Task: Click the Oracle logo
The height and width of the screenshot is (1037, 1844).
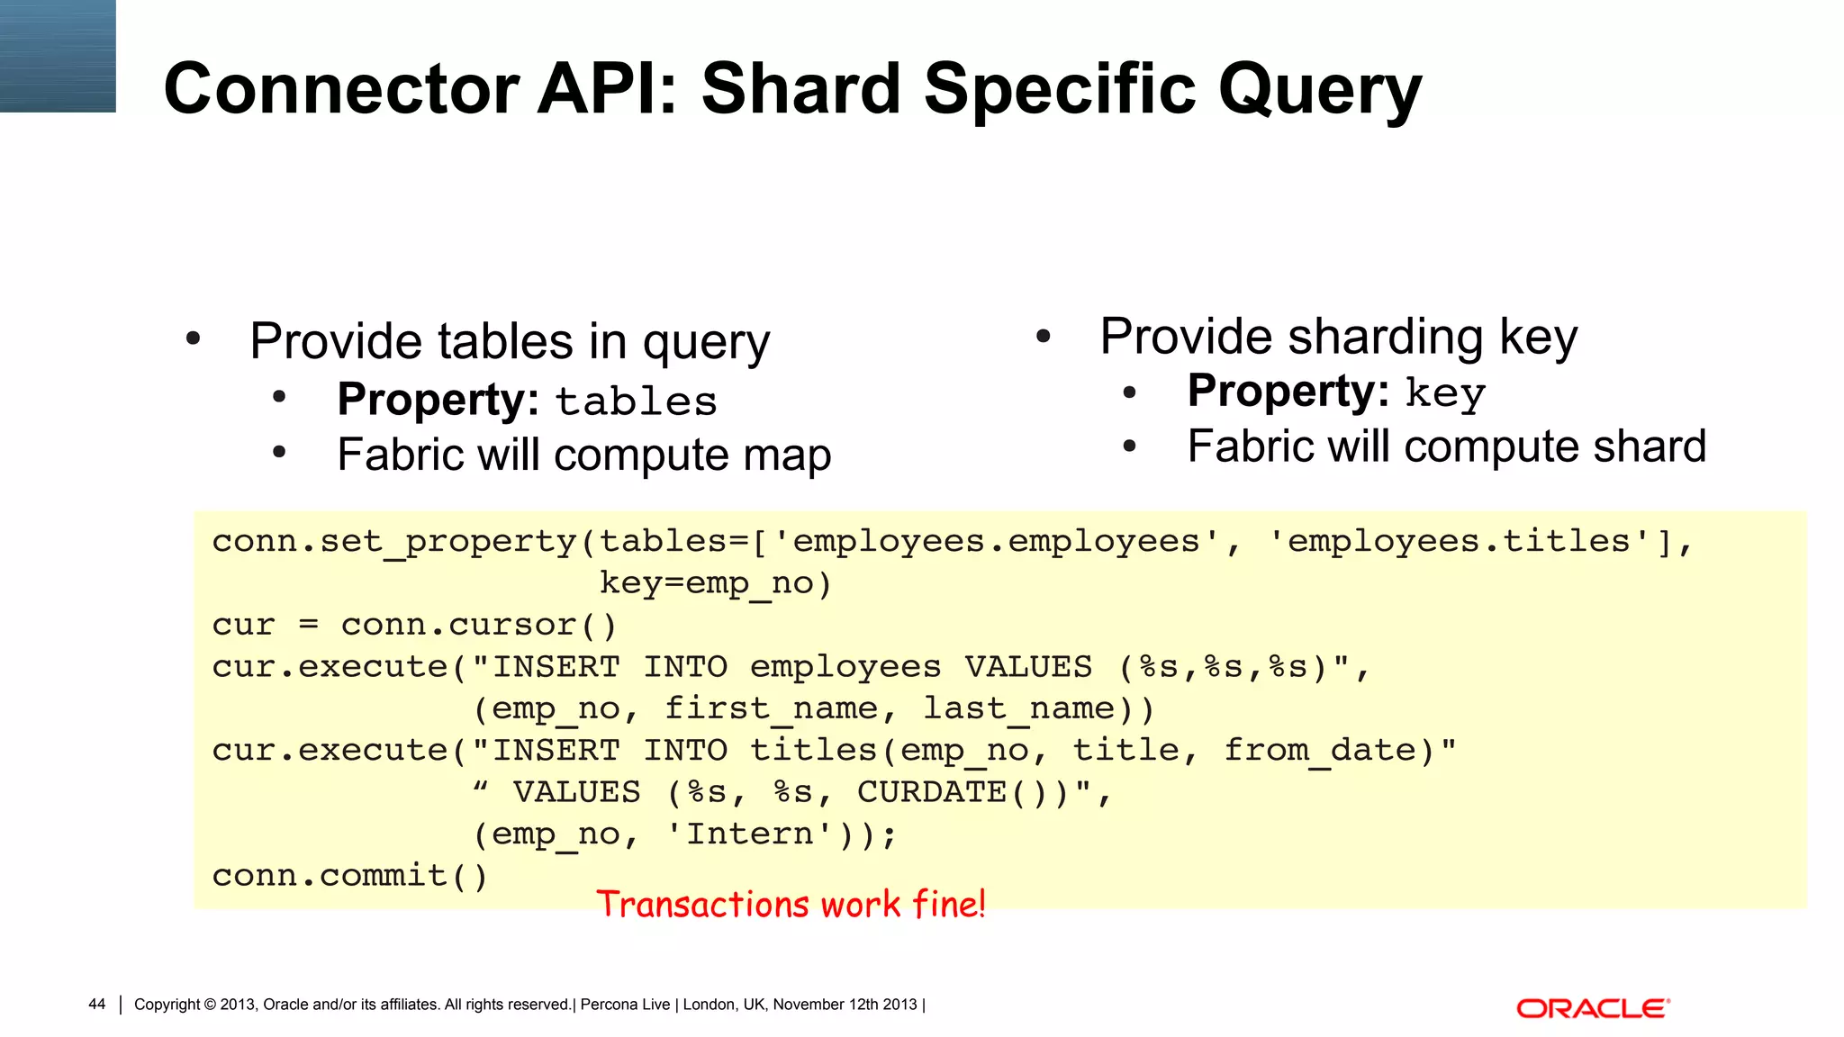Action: pyautogui.click(x=1593, y=1008)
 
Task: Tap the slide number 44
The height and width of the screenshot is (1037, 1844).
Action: pyautogui.click(x=96, y=1005)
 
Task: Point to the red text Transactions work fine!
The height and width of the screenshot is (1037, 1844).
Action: pyautogui.click(x=791, y=904)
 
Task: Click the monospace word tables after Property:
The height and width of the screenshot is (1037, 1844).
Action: pyautogui.click(x=636, y=401)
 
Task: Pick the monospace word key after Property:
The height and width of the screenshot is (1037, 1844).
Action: pyautogui.click(x=1445, y=394)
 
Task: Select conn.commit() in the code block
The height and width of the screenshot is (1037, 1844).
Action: pyautogui.click(x=349, y=875)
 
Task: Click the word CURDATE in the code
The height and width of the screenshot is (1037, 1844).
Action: pyautogui.click(x=931, y=792)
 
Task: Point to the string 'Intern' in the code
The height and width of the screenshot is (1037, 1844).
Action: pyautogui.click(x=750, y=834)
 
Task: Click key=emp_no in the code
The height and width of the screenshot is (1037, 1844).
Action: pyautogui.click(x=716, y=583)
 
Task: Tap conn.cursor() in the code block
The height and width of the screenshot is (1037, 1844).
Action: pyautogui.click(x=479, y=625)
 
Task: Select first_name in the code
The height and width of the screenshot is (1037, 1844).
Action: pyautogui.click(x=771, y=708)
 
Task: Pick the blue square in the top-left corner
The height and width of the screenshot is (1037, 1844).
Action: pyautogui.click(x=58, y=56)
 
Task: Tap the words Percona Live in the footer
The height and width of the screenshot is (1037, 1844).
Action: pyautogui.click(x=625, y=1005)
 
